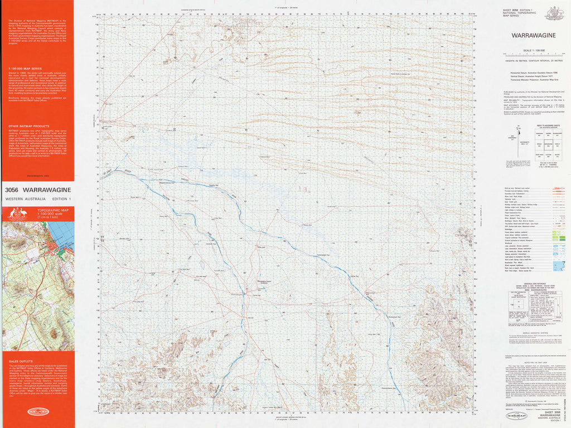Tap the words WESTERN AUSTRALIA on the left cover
tap(23, 199)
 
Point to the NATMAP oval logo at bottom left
tap(37, 412)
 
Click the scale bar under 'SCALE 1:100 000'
tap(533, 55)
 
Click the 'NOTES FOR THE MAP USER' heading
tap(533, 363)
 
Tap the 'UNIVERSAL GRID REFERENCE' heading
tap(533, 285)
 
